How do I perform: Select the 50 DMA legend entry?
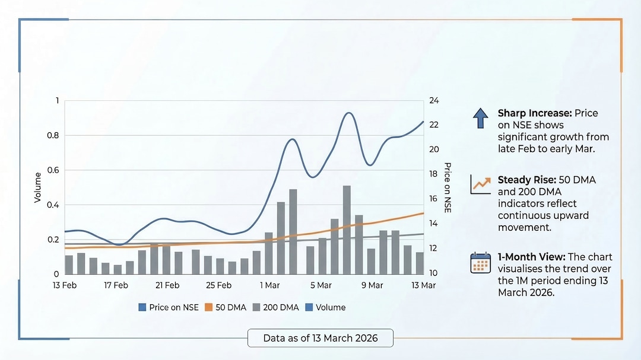pyautogui.click(x=222, y=307)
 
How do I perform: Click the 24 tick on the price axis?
pyautogui.click(x=434, y=101)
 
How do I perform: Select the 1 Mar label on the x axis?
pyautogui.click(x=270, y=285)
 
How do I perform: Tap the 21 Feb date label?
pyautogui.click(x=167, y=285)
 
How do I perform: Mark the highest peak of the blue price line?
pyautogui.click(x=349, y=113)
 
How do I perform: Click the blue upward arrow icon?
pyautogui.click(x=480, y=119)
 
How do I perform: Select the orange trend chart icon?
pyautogui.click(x=480, y=184)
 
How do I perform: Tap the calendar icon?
pyautogui.click(x=480, y=262)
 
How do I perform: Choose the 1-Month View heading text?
pyautogui.click(x=531, y=257)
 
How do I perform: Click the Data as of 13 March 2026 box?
pyautogui.click(x=320, y=339)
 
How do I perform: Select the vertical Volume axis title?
pyautogui.click(x=38, y=187)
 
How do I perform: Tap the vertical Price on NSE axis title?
pyautogui.click(x=448, y=187)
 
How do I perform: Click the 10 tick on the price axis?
pyautogui.click(x=434, y=273)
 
